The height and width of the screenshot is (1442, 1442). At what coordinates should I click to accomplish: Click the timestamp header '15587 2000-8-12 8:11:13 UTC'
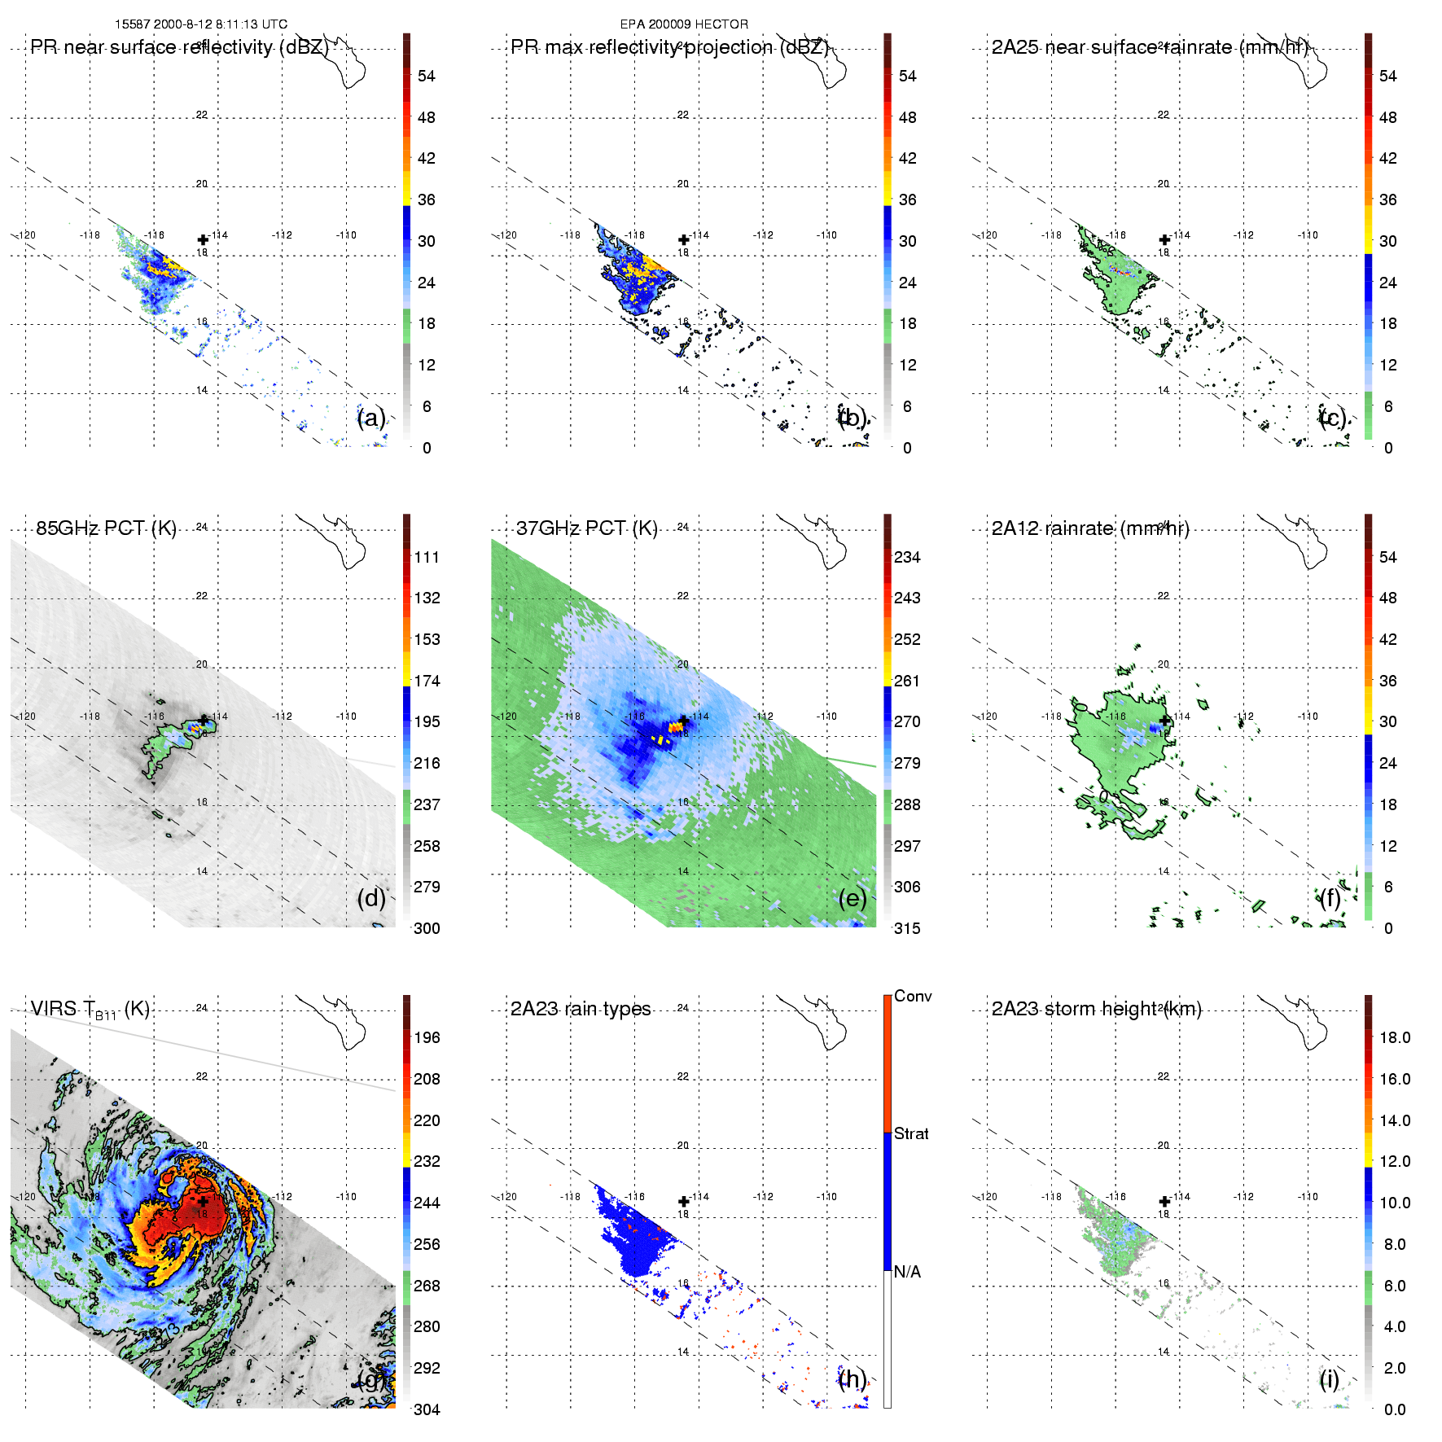click(x=201, y=24)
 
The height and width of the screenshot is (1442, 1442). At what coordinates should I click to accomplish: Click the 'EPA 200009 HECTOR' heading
click(x=684, y=24)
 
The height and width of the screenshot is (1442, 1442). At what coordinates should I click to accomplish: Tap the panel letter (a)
click(x=371, y=419)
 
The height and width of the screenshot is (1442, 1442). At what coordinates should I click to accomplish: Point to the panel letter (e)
click(x=852, y=899)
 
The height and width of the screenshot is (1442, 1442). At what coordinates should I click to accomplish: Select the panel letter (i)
click(x=1329, y=1379)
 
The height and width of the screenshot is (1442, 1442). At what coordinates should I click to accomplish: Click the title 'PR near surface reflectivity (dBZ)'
click(x=179, y=47)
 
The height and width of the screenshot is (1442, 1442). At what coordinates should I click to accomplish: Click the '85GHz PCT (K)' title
click(x=106, y=528)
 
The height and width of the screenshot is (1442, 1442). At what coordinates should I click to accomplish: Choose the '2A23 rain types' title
click(x=581, y=1009)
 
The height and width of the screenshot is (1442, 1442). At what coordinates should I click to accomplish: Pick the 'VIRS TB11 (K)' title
click(x=90, y=1010)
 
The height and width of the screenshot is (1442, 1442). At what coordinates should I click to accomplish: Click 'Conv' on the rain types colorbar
click(x=913, y=997)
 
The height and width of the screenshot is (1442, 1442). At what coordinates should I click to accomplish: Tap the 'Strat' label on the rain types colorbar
click(x=911, y=1134)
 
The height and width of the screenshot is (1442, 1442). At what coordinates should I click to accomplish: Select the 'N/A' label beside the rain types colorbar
click(x=907, y=1272)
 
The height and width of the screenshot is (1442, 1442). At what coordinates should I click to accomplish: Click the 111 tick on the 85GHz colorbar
click(x=427, y=558)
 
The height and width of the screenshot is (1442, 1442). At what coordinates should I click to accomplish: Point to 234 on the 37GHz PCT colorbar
click(x=907, y=558)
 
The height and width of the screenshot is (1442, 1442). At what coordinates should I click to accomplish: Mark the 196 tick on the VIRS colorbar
click(x=427, y=1038)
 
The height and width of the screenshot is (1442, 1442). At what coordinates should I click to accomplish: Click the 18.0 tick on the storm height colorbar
click(x=1395, y=1038)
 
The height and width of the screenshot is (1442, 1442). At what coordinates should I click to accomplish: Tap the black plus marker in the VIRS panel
click(x=203, y=1201)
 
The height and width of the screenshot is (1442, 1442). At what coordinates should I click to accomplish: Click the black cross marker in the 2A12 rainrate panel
click(x=1165, y=721)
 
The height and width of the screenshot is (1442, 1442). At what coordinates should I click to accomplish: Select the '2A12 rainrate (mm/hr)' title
click(x=1090, y=528)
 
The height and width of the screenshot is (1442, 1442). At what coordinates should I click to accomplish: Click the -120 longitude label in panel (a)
click(x=27, y=235)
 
